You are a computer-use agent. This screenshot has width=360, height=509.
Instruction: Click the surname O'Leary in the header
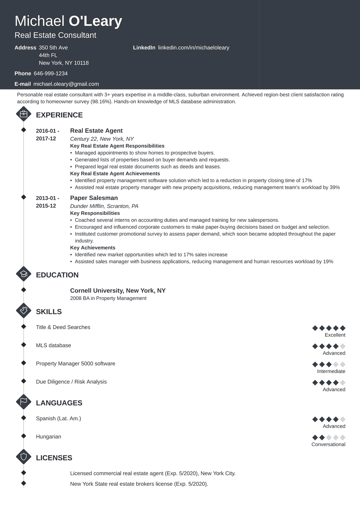click(95, 21)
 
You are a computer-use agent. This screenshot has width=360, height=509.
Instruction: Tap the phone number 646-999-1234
click(51, 73)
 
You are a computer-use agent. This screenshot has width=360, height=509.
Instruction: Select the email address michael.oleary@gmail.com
click(66, 84)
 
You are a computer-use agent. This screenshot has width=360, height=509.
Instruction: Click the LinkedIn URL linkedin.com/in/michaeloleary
click(193, 48)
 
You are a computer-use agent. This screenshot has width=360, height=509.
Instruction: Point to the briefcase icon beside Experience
click(24, 114)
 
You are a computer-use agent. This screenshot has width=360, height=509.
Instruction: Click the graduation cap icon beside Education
click(24, 274)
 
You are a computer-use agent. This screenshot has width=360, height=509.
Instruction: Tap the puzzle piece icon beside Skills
click(24, 311)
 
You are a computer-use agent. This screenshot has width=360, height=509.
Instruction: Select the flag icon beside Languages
click(24, 402)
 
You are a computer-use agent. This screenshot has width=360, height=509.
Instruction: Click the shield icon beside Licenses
click(24, 457)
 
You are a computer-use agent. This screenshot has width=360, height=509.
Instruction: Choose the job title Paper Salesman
click(94, 198)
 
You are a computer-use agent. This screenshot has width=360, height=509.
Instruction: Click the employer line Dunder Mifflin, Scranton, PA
click(104, 206)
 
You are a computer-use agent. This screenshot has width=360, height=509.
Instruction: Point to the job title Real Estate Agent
click(96, 131)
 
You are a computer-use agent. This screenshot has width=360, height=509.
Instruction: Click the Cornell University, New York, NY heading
click(117, 291)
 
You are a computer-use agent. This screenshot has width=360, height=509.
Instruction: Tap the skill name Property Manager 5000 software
click(75, 364)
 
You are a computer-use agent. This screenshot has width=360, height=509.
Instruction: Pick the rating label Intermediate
click(331, 371)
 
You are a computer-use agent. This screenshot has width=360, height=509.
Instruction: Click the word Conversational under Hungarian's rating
click(328, 444)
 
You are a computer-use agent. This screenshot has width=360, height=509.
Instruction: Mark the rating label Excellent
click(335, 335)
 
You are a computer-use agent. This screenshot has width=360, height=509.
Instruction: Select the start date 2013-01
click(46, 198)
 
